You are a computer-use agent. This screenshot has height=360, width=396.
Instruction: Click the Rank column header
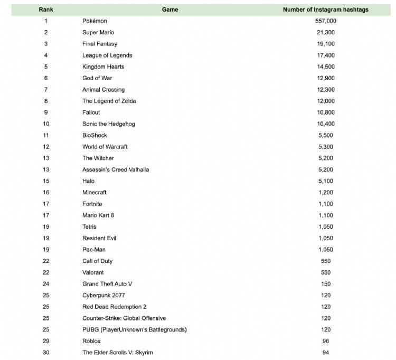pyautogui.click(x=46, y=10)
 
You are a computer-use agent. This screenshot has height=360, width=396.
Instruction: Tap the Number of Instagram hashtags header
pyautogui.click(x=325, y=10)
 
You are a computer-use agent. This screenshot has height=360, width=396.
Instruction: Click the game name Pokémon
pyautogui.click(x=95, y=21)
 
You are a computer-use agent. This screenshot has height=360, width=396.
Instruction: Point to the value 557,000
pyautogui.click(x=325, y=21)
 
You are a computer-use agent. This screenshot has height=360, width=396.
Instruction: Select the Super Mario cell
pyautogui.click(x=98, y=33)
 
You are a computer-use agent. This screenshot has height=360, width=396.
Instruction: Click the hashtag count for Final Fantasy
pyautogui.click(x=325, y=44)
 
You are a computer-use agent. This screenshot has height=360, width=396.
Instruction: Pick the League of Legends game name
pyautogui.click(x=107, y=55)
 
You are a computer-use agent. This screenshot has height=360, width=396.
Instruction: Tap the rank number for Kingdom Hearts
pyautogui.click(x=46, y=67)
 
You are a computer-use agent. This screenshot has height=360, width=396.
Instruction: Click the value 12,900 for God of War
pyautogui.click(x=325, y=78)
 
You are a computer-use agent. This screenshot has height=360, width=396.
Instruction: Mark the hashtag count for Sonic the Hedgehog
pyautogui.click(x=325, y=124)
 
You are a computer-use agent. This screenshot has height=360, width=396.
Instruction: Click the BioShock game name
pyautogui.click(x=95, y=135)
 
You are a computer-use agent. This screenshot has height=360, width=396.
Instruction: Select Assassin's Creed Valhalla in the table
pyautogui.click(x=116, y=169)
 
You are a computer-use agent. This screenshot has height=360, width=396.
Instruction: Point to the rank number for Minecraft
pyautogui.click(x=46, y=193)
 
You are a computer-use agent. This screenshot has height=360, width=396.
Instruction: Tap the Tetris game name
pyautogui.click(x=90, y=227)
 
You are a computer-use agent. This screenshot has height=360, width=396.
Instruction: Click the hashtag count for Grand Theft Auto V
pyautogui.click(x=325, y=284)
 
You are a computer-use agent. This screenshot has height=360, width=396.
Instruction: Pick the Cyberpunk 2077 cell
pyautogui.click(x=103, y=296)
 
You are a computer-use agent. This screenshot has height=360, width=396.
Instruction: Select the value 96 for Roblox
pyautogui.click(x=325, y=341)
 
